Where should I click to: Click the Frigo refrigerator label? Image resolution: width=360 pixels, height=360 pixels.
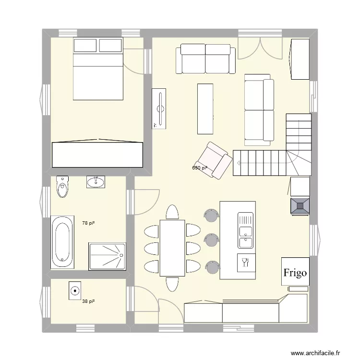295,273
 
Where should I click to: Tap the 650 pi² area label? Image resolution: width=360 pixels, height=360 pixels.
200,168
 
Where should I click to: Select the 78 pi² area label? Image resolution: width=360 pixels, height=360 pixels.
88,223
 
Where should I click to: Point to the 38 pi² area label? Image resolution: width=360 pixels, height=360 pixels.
88,301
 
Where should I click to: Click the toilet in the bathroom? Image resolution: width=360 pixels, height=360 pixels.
62,187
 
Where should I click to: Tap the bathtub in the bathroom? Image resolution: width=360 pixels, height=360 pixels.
63,242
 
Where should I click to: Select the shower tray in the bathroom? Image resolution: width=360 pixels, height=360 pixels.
107,256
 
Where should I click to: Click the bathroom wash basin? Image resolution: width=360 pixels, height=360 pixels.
96,181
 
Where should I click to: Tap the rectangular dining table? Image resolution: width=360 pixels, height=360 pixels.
172,247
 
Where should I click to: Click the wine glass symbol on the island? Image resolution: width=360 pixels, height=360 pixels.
246,262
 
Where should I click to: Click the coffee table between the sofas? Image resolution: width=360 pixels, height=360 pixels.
205,108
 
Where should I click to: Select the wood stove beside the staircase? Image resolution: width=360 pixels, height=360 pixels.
300,205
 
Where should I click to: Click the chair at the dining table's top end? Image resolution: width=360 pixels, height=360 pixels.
172,212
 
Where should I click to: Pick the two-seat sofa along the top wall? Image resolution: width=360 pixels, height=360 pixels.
206,59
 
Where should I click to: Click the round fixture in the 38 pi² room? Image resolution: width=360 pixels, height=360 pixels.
75,290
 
